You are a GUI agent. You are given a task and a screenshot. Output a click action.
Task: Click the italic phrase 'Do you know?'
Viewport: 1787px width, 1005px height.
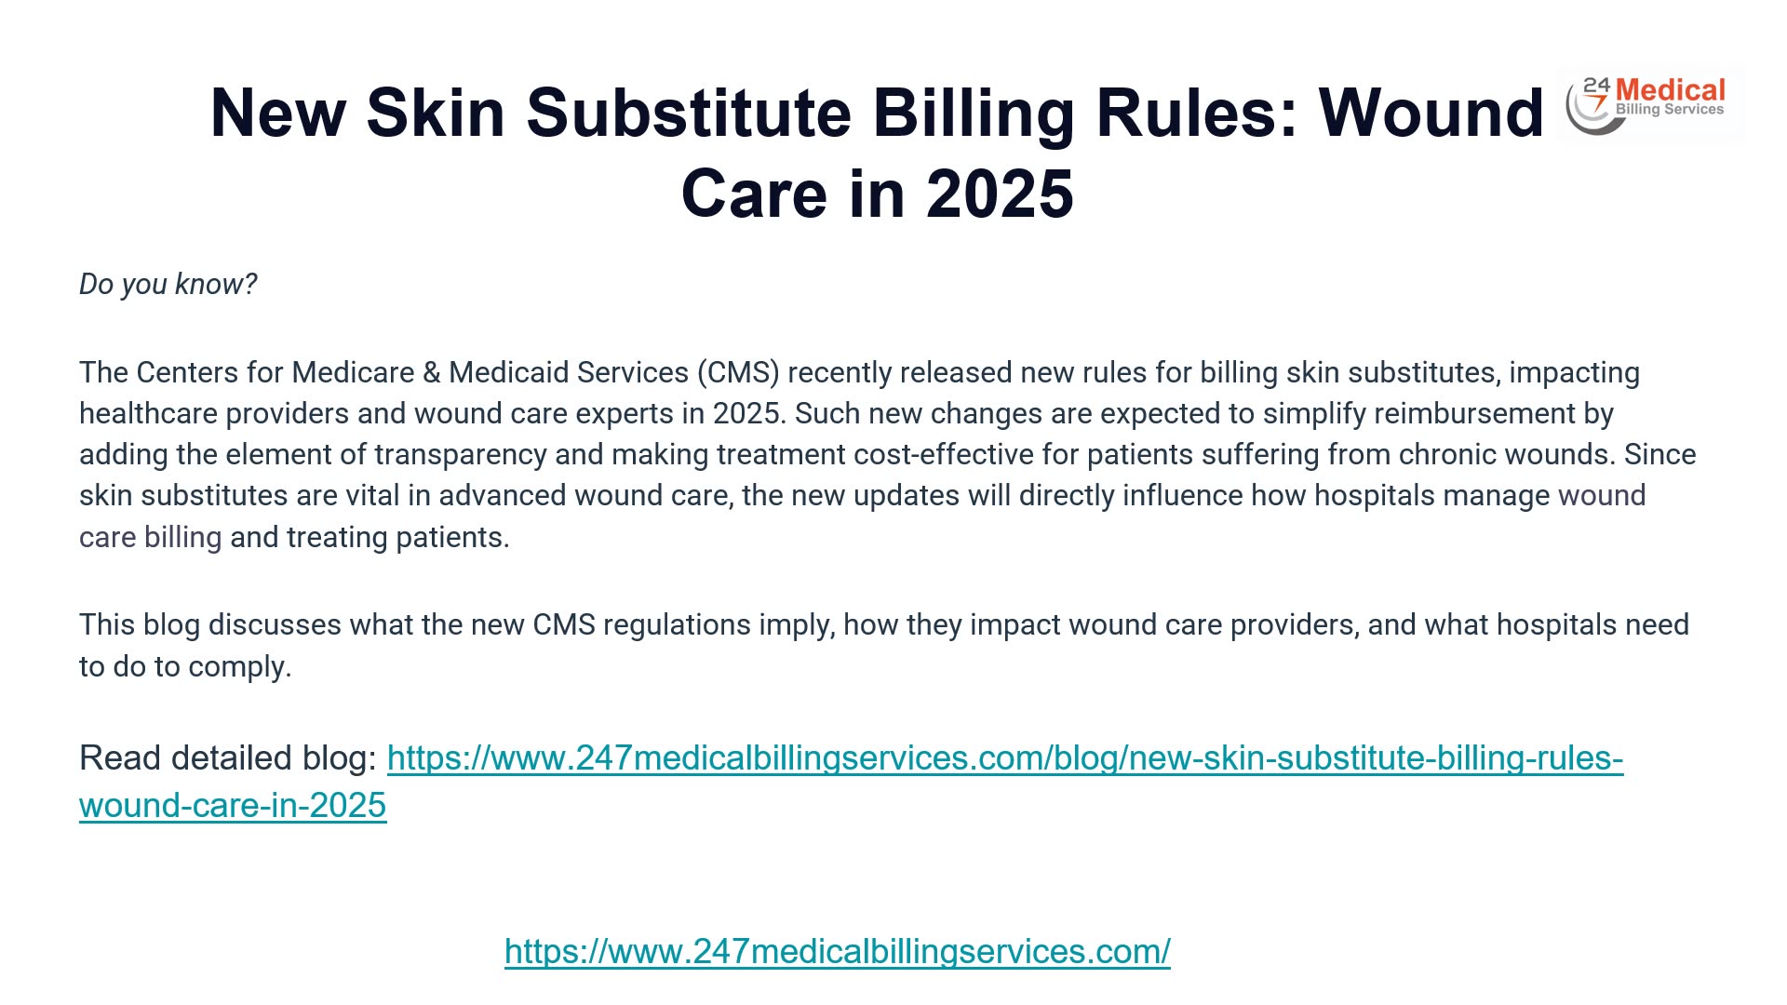168,284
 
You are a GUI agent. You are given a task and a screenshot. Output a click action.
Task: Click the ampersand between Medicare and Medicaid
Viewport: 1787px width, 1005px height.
431,372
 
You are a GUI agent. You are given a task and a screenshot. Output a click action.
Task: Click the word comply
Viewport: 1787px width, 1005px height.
239,666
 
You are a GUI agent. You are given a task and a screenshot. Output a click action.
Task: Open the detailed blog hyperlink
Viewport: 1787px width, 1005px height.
1005,758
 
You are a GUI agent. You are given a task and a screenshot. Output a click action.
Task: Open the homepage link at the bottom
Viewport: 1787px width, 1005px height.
837,951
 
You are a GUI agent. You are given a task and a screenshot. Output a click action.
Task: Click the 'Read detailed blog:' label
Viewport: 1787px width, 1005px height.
228,758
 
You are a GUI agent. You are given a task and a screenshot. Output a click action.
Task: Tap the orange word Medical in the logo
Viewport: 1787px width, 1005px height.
1670,91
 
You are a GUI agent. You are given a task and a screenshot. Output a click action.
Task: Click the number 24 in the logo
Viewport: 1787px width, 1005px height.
1596,87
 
